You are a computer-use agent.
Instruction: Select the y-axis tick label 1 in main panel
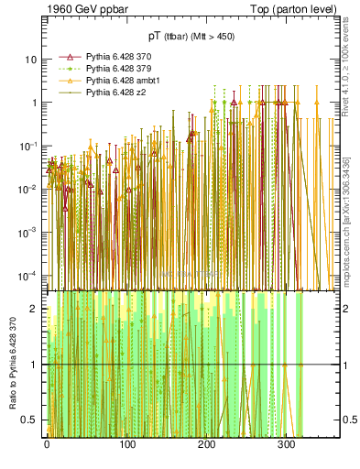35,103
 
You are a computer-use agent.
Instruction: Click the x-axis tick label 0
47,447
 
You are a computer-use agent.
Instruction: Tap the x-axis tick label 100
126,447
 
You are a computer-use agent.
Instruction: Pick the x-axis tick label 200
206,447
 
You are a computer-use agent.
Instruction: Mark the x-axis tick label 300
286,447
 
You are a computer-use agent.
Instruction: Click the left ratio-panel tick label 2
37,309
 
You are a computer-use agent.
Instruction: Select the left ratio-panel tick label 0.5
32,420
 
